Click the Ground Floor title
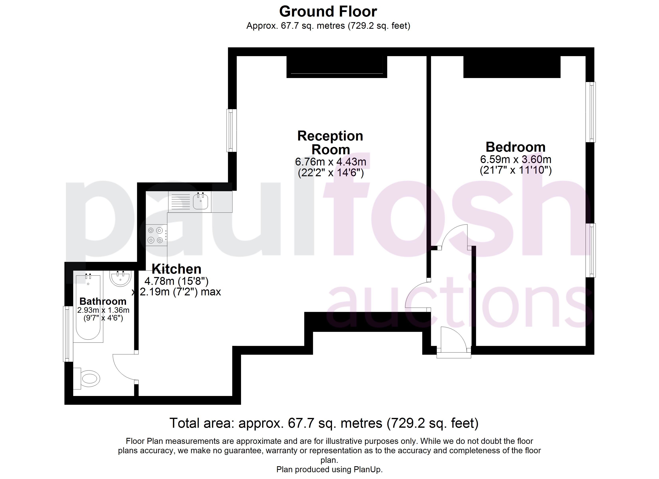tap(328, 12)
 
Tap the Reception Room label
tap(330, 143)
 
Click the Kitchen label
tap(176, 269)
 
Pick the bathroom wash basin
tap(121, 279)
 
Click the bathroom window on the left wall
tap(68, 334)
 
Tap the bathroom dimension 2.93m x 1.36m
tap(103, 310)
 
